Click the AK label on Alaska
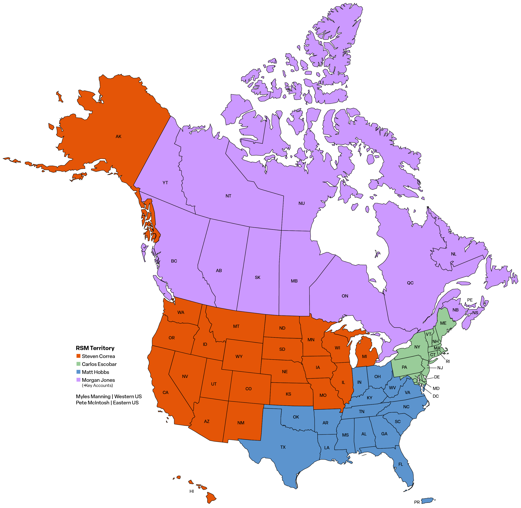[x=118, y=137]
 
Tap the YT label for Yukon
[x=165, y=183]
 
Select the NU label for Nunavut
[x=302, y=203]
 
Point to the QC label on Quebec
[x=410, y=283]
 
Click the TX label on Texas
[x=283, y=447]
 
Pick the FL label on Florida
[x=401, y=464]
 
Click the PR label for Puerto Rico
[x=417, y=502]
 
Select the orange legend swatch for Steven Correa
[x=79, y=356]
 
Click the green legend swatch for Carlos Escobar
[x=79, y=364]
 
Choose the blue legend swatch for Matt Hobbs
[x=79, y=372]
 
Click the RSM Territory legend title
[x=95, y=348]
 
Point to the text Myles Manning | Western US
[x=109, y=396]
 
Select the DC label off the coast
[x=436, y=396]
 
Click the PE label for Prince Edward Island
[x=470, y=300]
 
